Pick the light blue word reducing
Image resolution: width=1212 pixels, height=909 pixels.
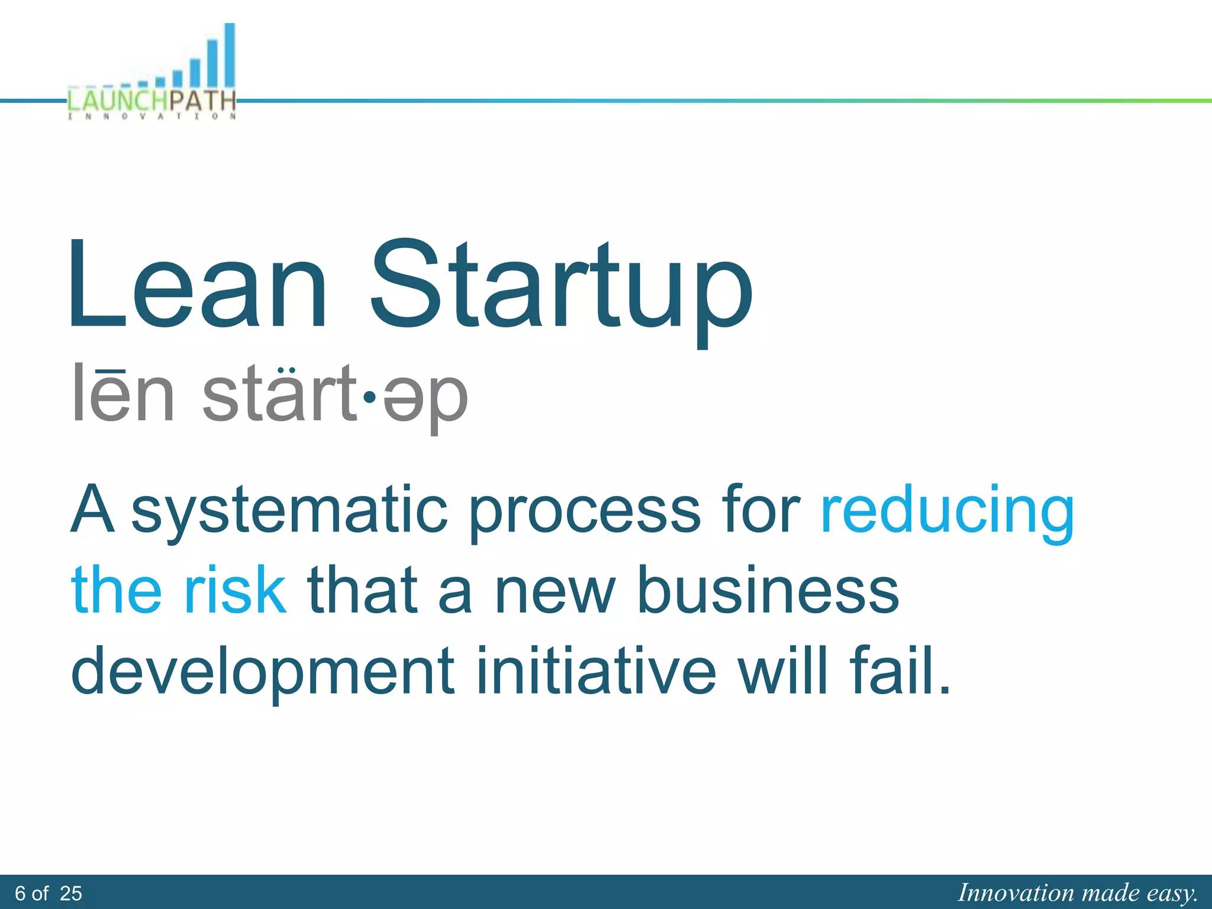(x=947, y=511)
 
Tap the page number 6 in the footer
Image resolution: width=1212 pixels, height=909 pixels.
(x=21, y=893)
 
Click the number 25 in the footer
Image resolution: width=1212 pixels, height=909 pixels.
(x=71, y=893)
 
